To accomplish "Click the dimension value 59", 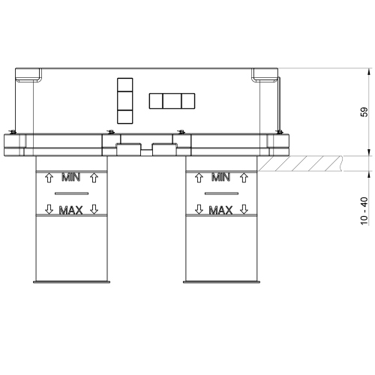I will point(364,112).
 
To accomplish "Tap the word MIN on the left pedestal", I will point(71,178).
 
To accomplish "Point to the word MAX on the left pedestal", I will point(71,210).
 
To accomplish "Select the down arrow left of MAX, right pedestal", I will point(199,210).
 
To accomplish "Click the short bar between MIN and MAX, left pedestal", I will point(71,193).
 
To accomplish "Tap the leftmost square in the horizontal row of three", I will point(157,100).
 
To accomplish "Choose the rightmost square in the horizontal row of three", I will point(187,100).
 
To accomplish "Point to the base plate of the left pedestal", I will point(71,282).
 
